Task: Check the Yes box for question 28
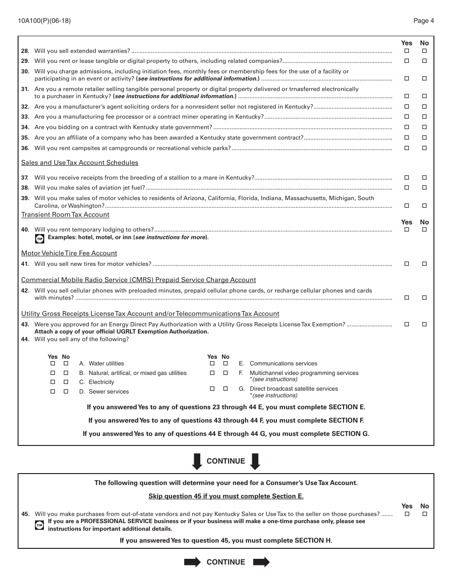[407, 51]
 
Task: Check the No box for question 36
[424, 148]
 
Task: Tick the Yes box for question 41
[407, 264]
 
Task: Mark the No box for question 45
[424, 515]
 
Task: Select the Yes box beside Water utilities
[53, 364]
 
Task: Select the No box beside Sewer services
[66, 392]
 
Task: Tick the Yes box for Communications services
[212, 364]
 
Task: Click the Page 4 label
[423, 20]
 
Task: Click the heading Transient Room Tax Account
[65, 215]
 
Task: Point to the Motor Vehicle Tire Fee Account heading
[69, 253]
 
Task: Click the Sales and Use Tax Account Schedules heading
[79, 163]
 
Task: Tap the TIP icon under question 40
[40, 238]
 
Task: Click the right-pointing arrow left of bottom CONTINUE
[192, 562]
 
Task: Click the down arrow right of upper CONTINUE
[255, 461]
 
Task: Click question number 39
[25, 198]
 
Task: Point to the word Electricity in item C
[101, 382]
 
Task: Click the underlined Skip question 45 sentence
[226, 496]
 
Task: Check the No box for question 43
[424, 324]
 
